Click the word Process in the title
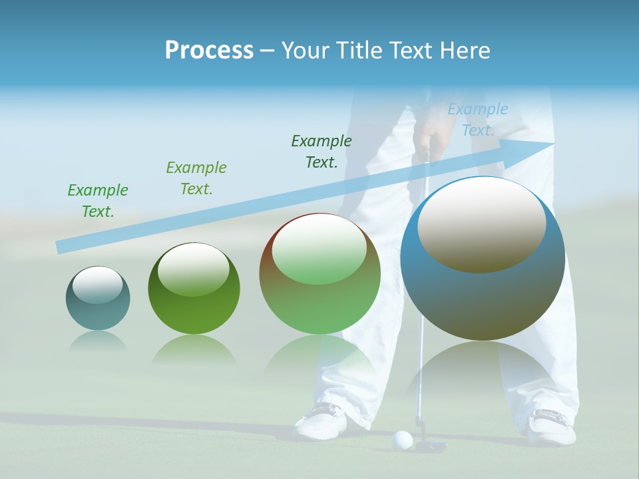209,50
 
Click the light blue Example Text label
478,120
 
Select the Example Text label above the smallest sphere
98,200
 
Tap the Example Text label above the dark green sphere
196,178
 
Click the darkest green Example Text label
321,151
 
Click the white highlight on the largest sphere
481,224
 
